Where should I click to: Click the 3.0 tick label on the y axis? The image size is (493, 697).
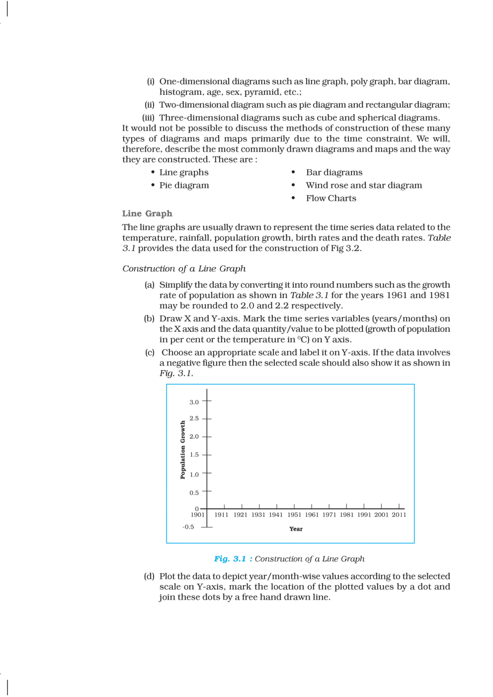[194, 402]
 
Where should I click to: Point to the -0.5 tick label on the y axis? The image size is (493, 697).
[188, 527]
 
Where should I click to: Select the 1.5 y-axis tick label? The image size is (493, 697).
[194, 455]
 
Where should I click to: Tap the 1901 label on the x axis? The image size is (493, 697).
[197, 515]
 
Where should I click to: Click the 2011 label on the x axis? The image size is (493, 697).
[399, 515]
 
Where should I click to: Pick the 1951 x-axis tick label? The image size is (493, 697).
[294, 515]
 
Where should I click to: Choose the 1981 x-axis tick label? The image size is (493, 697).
[346, 515]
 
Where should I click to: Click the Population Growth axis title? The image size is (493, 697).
[182, 450]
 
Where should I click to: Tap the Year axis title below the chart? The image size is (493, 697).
[296, 529]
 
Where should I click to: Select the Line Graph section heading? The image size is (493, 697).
[147, 214]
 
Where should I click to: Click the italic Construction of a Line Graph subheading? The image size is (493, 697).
[184, 269]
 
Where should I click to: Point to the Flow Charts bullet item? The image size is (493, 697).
[331, 198]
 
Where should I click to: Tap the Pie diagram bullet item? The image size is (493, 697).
[184, 185]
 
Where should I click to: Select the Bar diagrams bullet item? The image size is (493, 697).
[334, 172]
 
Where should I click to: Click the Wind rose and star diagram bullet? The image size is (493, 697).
[364, 185]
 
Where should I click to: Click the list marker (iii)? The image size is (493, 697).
[148, 118]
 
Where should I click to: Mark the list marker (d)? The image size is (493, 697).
[149, 576]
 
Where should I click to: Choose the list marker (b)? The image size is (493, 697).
[149, 318]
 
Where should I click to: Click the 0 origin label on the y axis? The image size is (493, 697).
[197, 509]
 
